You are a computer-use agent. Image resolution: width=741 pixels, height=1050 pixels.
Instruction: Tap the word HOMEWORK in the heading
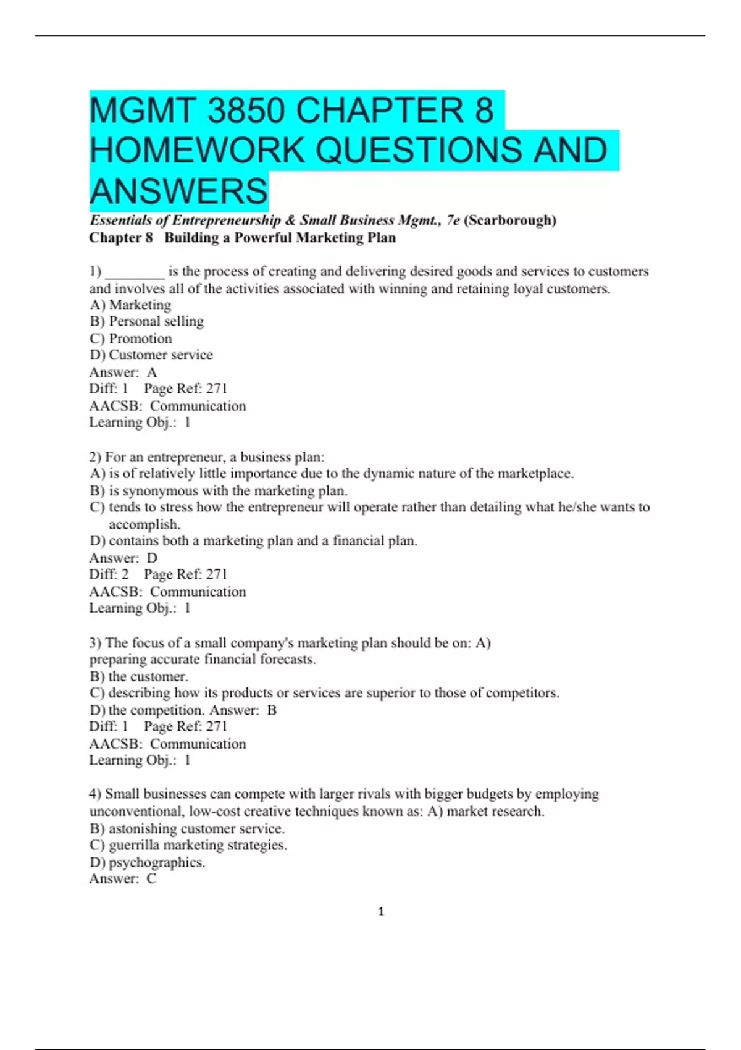[x=196, y=151]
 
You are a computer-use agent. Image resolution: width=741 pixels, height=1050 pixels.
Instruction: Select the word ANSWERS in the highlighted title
[x=179, y=190]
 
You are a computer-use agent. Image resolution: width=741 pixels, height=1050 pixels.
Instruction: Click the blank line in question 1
[x=135, y=272]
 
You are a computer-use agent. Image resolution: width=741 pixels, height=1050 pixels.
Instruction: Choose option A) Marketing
[x=130, y=305]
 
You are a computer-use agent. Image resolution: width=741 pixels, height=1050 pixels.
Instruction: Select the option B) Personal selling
[x=146, y=322]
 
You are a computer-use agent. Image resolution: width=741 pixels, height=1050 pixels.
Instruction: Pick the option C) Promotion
[x=131, y=338]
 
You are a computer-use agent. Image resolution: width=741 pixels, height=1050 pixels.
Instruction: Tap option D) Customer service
[x=151, y=355]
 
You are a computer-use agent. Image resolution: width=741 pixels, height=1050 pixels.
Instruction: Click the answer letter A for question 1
[x=152, y=372]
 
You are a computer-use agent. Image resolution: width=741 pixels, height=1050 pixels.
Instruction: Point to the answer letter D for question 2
[x=152, y=558]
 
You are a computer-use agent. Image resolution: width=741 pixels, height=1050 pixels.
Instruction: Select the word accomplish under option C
[x=144, y=524]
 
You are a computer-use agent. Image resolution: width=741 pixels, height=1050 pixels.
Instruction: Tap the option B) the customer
[x=139, y=677]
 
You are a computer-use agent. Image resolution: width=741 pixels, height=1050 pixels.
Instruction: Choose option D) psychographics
[x=148, y=862]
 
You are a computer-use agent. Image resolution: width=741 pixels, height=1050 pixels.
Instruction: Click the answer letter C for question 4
[x=151, y=879]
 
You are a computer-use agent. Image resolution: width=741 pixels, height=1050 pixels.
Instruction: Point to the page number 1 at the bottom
[x=381, y=912]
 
